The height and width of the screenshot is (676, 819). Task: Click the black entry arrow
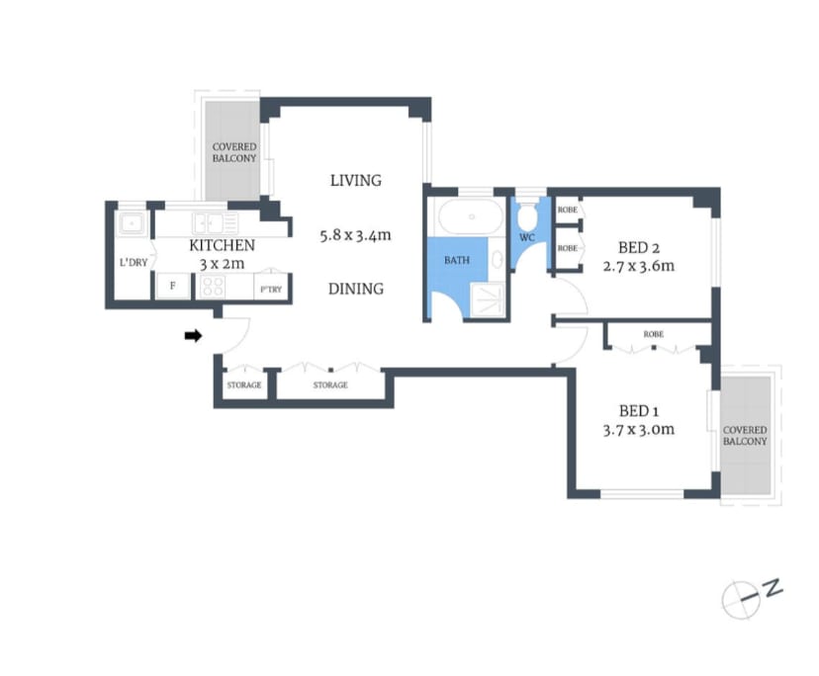pyautogui.click(x=194, y=336)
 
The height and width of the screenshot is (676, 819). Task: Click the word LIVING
pyautogui.click(x=355, y=180)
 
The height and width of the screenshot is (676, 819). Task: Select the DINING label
pyautogui.click(x=355, y=289)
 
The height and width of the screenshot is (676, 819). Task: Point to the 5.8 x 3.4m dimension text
pyautogui.click(x=355, y=235)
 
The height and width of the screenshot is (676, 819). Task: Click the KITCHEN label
pyautogui.click(x=223, y=245)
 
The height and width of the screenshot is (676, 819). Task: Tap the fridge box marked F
pyautogui.click(x=173, y=286)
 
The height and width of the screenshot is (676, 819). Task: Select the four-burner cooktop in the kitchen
pyautogui.click(x=214, y=286)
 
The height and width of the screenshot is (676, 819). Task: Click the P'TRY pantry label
pyautogui.click(x=269, y=290)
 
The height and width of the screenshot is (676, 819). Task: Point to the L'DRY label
pyautogui.click(x=134, y=263)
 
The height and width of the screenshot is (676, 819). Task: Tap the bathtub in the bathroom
pyautogui.click(x=469, y=215)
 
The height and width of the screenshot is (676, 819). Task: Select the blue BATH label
pyautogui.click(x=456, y=261)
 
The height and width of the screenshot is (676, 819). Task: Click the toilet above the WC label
pyautogui.click(x=528, y=214)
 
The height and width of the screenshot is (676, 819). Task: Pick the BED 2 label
pyautogui.click(x=638, y=247)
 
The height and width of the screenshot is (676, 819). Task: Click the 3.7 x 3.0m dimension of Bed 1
pyautogui.click(x=638, y=429)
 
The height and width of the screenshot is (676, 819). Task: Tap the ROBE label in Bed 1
pyautogui.click(x=654, y=334)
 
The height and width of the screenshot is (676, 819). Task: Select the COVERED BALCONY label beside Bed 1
pyautogui.click(x=745, y=436)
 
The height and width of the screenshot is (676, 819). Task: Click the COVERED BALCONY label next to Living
pyautogui.click(x=234, y=152)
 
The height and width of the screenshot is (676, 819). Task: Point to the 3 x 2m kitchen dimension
pyautogui.click(x=223, y=264)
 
